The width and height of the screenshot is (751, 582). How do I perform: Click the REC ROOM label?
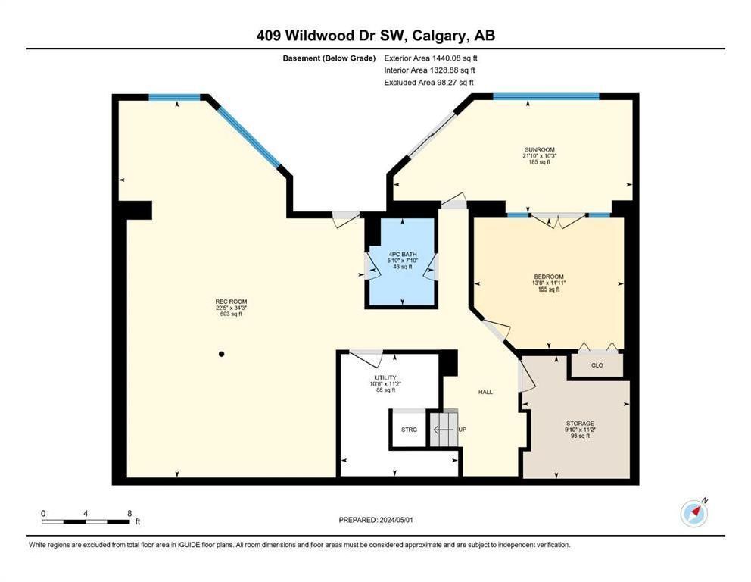(231, 302)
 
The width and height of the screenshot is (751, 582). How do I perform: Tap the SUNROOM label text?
(539, 149)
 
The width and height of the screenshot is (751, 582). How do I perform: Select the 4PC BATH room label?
(402, 254)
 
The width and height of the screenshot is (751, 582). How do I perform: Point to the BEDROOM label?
(549, 277)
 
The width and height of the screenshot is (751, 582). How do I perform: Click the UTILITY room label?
(385, 378)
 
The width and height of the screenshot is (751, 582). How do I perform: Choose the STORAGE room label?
(580, 424)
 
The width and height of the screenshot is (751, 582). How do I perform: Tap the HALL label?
(485, 392)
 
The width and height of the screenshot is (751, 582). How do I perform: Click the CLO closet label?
(597, 365)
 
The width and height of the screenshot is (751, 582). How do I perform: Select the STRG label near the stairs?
(409, 430)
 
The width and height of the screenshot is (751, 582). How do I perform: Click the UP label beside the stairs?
(463, 430)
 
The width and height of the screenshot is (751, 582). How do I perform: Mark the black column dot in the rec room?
(221, 355)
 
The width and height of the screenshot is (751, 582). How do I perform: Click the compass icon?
(694, 513)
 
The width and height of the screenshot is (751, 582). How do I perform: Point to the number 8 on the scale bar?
(129, 513)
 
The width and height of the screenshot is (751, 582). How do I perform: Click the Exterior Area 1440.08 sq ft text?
(431, 58)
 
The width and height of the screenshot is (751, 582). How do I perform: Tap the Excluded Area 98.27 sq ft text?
(428, 83)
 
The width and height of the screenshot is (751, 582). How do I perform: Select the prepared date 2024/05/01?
(396, 520)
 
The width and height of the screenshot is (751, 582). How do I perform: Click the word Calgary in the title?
(440, 36)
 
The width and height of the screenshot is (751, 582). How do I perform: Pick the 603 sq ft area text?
(231, 314)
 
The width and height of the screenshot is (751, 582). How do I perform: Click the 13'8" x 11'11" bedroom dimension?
(549, 283)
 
